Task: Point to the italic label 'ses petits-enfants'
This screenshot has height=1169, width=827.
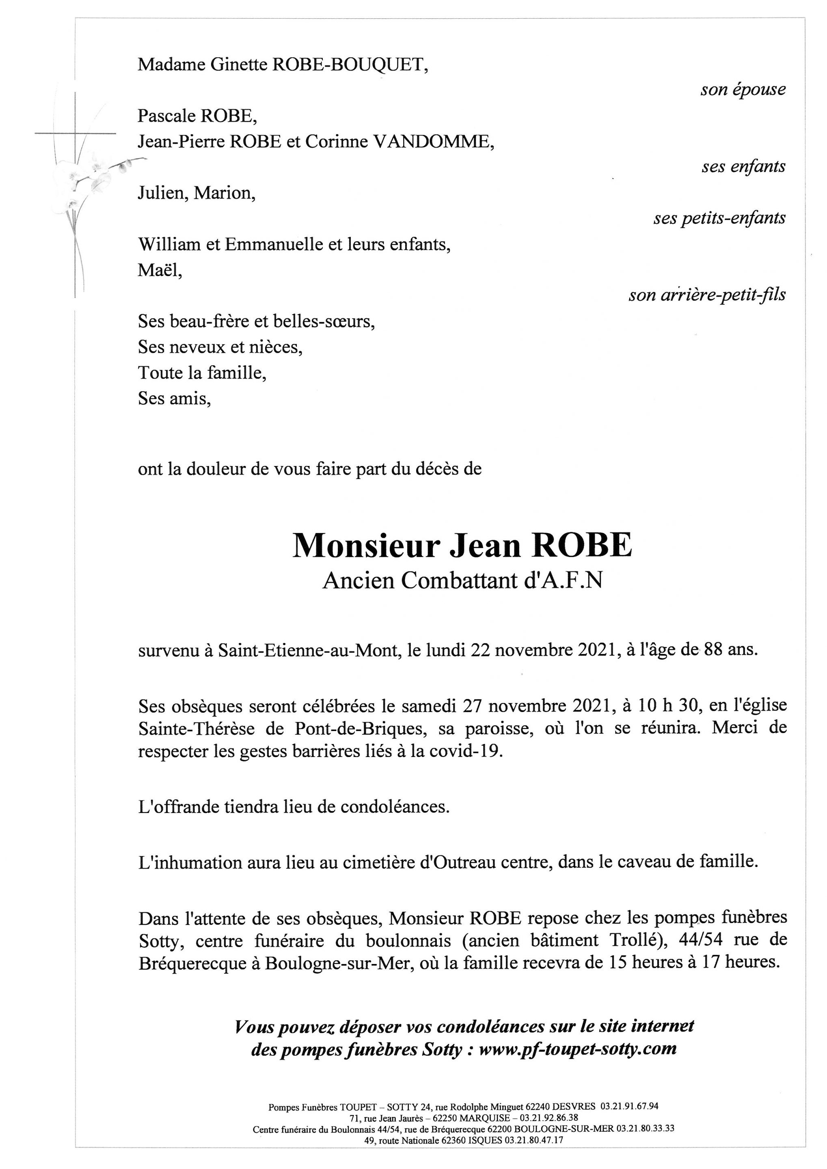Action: (719, 218)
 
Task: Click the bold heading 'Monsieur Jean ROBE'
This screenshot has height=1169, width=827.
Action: (462, 545)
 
